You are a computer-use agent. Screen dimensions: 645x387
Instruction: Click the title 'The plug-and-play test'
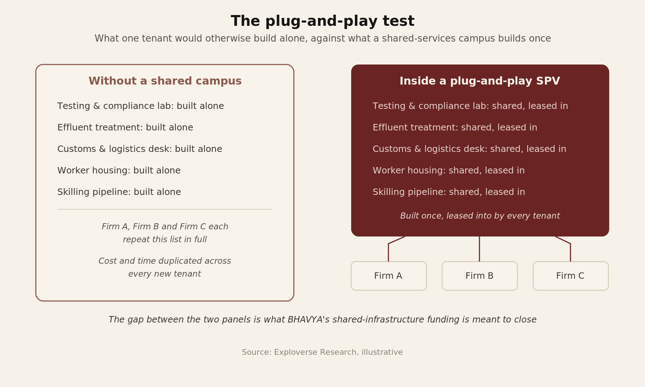(x=322, y=21)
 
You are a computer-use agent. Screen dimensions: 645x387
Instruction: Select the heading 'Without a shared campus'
(x=165, y=81)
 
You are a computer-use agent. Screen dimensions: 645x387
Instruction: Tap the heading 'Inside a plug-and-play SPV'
(x=480, y=81)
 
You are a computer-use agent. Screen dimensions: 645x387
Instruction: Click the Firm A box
(x=389, y=276)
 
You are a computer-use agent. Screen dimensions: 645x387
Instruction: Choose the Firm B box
(x=480, y=276)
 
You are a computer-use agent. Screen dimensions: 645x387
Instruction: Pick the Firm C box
(x=571, y=276)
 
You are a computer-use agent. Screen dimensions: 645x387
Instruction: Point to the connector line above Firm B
(x=479, y=249)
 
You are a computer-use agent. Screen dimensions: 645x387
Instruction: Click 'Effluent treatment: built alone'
(x=125, y=128)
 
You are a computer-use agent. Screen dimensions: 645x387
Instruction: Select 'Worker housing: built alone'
(x=119, y=171)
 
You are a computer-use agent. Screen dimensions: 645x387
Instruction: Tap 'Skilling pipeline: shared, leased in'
(x=449, y=192)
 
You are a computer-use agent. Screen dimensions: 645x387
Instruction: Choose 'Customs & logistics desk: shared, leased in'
(x=469, y=149)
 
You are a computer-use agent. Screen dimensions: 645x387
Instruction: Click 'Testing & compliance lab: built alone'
(x=140, y=106)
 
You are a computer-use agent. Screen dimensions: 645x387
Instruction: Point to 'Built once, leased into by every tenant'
(x=480, y=216)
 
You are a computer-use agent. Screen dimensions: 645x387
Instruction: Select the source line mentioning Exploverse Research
(x=322, y=352)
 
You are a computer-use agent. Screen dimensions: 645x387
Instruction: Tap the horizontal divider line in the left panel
(x=165, y=209)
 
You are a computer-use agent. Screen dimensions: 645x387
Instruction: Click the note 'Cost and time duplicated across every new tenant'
(x=165, y=268)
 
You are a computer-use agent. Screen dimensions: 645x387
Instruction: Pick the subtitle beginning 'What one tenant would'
(x=322, y=39)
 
